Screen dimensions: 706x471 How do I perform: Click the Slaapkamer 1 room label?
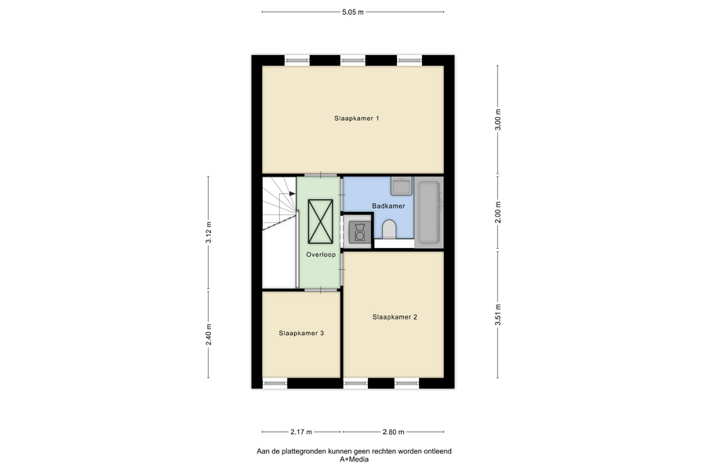356,119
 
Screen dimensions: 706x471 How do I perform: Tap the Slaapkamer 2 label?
395,317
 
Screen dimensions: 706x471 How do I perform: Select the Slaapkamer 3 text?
301,333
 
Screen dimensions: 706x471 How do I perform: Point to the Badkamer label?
388,206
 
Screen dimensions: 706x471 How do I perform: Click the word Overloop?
321,254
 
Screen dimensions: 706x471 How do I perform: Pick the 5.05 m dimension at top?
352,13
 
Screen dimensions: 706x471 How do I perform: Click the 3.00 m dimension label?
497,120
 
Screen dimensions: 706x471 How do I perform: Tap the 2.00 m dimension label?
497,212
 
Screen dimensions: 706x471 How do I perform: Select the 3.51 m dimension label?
497,315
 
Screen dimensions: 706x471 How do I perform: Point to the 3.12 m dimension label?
209,232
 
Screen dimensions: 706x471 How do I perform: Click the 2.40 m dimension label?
209,335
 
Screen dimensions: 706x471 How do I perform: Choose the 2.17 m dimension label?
301,432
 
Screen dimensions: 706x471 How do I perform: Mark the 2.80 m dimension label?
394,432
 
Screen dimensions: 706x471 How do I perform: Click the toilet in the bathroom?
388,229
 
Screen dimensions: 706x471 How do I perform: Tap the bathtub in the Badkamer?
428,212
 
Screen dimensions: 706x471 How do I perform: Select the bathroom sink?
401,186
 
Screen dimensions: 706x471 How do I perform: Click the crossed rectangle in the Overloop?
321,221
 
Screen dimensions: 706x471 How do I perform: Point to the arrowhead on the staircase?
293,193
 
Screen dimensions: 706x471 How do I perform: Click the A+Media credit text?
354,459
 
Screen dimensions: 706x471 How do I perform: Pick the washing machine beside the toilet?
358,232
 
